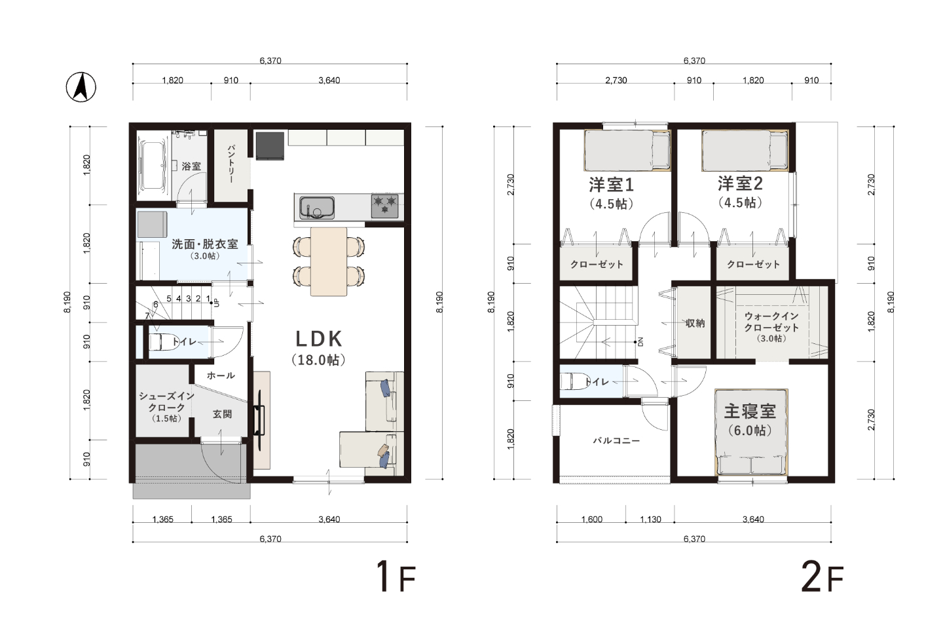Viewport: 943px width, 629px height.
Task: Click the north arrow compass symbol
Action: (x=81, y=87)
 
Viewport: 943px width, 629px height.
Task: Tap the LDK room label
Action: (x=319, y=338)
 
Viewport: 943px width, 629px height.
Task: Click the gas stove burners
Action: (x=385, y=206)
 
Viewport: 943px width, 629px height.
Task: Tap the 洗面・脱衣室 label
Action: (x=204, y=244)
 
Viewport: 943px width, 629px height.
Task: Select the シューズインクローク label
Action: (x=167, y=402)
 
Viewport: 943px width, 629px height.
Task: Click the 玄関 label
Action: (x=222, y=414)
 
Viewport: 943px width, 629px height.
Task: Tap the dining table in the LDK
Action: (x=329, y=261)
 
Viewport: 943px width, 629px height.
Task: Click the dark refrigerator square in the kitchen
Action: (x=270, y=145)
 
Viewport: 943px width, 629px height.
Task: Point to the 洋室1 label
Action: (x=611, y=185)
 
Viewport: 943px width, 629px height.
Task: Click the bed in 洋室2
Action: (x=745, y=151)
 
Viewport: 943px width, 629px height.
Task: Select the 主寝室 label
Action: (x=750, y=411)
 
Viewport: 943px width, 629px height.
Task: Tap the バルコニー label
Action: (x=616, y=441)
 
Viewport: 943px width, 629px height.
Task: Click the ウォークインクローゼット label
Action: (x=771, y=322)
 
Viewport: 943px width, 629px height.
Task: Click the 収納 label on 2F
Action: (x=695, y=323)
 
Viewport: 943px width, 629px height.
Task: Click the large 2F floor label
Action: (x=823, y=577)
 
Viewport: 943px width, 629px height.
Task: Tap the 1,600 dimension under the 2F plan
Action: (x=592, y=520)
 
